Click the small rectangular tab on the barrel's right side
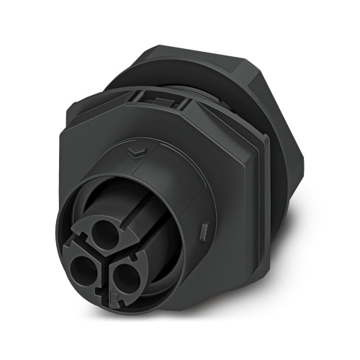click(x=204, y=231)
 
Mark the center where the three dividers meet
click(x=109, y=257)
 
